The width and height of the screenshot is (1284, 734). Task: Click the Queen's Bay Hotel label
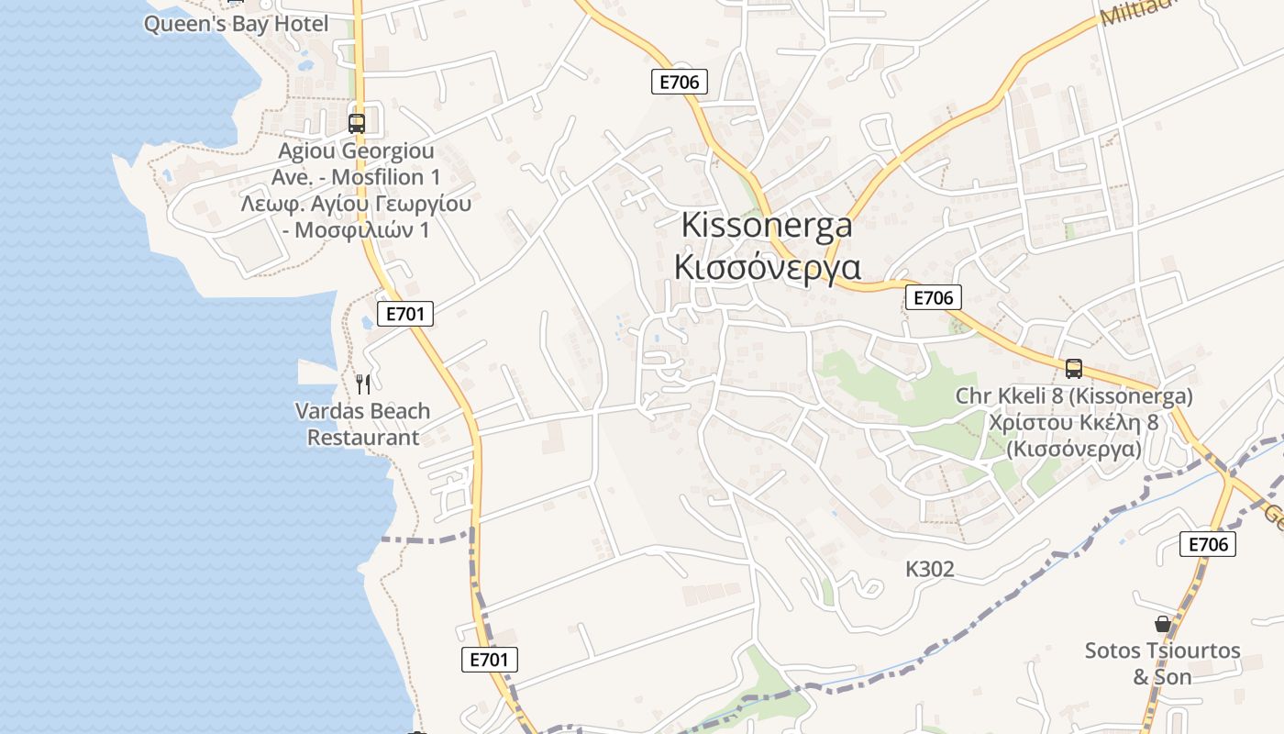tap(236, 24)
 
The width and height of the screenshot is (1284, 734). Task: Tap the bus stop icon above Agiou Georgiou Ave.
tap(357, 123)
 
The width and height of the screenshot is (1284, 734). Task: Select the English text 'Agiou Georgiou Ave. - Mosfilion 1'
tap(356, 163)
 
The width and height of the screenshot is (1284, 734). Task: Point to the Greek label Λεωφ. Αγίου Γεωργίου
tap(356, 204)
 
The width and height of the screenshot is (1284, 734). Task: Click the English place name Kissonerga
tap(767, 226)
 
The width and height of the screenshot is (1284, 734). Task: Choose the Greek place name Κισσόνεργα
tap(767, 267)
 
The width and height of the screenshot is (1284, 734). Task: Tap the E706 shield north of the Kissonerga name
tap(680, 82)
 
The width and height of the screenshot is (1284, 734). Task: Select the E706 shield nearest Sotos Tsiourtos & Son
tap(1207, 544)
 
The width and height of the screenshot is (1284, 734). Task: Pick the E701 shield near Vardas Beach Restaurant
tap(404, 314)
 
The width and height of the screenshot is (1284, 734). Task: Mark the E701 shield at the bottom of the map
tap(490, 659)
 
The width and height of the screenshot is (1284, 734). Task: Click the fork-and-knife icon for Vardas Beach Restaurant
tap(363, 384)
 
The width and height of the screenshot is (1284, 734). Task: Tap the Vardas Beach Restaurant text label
tap(362, 424)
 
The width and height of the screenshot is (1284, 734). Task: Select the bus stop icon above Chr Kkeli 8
tap(1074, 369)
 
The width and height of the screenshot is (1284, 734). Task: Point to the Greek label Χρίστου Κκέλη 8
tap(1074, 423)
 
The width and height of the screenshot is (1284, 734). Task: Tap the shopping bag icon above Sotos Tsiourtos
tap(1163, 624)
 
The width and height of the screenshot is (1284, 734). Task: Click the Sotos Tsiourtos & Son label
tap(1162, 663)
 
